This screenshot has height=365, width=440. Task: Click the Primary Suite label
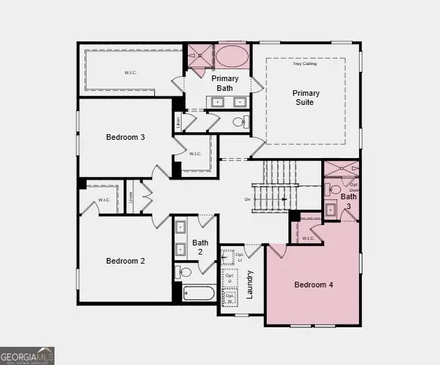click(306, 97)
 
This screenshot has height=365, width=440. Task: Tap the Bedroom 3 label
click(126, 137)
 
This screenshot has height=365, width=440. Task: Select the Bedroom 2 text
click(126, 261)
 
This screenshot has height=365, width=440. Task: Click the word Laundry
click(249, 285)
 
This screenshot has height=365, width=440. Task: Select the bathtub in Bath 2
click(199, 292)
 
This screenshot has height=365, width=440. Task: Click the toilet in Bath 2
click(184, 272)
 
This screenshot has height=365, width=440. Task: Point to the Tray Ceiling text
click(305, 64)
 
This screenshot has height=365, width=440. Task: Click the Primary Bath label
click(226, 83)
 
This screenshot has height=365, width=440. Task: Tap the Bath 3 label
click(349, 201)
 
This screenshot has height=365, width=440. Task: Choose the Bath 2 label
click(200, 248)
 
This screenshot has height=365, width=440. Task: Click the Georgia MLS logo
click(27, 355)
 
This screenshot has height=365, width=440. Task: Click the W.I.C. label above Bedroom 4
click(308, 238)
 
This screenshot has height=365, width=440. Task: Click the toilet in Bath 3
click(335, 189)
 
